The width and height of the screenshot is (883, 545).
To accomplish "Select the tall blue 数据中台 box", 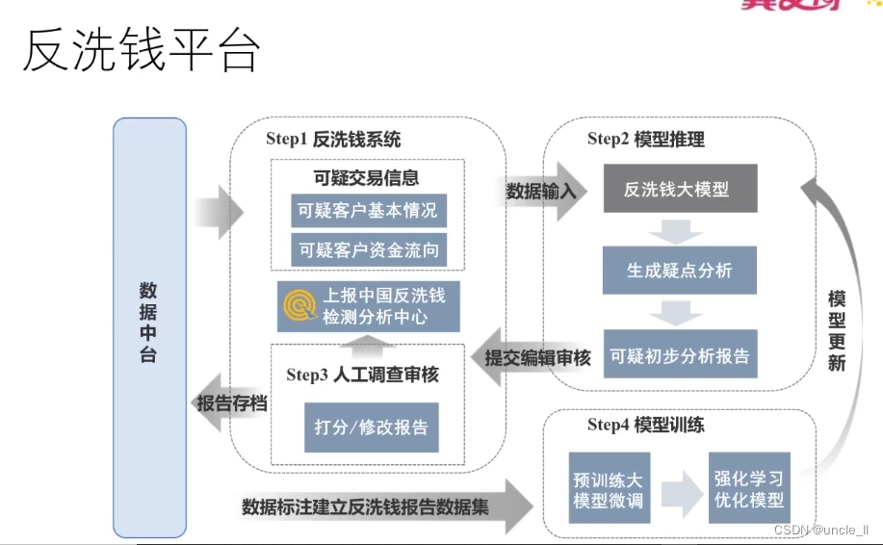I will point(149,326).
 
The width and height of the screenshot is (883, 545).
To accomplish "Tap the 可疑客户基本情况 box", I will point(368,212).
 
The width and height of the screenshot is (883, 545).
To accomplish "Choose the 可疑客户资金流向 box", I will point(368,250).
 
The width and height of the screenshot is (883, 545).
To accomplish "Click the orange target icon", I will point(299,304).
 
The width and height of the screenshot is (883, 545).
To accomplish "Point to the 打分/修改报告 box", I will point(371,427).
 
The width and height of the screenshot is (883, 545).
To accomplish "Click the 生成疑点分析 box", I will point(680,271).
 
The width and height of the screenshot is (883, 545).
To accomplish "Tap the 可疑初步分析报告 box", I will point(680,355).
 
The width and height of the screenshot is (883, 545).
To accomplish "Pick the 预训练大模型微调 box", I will point(608,488).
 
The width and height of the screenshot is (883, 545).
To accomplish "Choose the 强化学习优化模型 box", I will point(749,488).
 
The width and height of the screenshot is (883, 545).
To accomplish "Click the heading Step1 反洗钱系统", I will point(333,139).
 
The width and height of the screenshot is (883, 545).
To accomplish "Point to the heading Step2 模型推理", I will point(646,140).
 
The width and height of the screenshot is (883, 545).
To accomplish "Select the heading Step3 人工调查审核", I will point(362,375).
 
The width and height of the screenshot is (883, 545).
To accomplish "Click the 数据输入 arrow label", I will point(541,191).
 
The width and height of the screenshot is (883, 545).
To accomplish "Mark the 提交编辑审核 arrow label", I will point(537,358).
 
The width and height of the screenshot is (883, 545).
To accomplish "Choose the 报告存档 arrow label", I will point(231,402).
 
